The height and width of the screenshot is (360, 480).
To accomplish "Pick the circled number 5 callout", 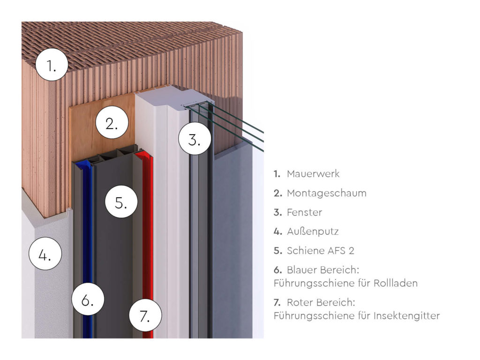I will [121, 202].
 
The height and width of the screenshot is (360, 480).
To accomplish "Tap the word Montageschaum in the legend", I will [327, 193].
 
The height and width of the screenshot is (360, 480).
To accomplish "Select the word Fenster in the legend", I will [304, 212].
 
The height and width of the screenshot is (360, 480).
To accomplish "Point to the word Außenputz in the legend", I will [313, 232].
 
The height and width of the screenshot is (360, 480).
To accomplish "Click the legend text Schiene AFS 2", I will [321, 251].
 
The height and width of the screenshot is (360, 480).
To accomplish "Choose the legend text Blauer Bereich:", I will [323, 270].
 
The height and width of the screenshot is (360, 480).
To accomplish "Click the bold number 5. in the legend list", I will [277, 251].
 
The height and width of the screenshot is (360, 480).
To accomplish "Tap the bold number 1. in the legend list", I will [277, 174].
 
